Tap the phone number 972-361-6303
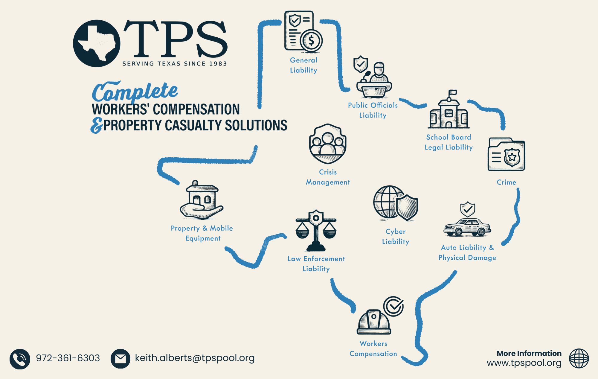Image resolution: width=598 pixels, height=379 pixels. (68, 358)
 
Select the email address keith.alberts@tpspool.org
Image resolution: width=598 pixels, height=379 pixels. (195, 358)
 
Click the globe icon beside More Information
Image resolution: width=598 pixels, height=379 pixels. (579, 358)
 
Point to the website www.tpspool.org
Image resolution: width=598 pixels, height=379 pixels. (524, 363)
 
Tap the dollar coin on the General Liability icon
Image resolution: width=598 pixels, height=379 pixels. (311, 41)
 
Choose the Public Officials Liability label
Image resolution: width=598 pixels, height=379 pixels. (373, 110)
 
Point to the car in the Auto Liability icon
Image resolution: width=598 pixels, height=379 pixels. (467, 228)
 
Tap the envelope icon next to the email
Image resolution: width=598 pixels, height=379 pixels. (120, 358)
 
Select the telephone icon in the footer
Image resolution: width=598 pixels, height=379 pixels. (20, 359)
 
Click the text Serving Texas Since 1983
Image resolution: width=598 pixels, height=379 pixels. (175, 64)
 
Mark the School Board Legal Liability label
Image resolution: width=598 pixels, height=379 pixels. (448, 142)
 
